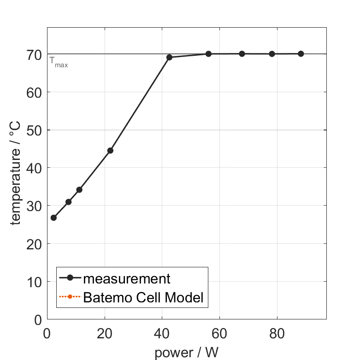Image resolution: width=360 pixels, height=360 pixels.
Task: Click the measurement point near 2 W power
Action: pos(53,218)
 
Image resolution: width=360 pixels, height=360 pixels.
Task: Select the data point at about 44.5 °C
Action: pos(110,150)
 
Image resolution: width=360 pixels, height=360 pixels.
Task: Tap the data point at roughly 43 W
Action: pos(169,57)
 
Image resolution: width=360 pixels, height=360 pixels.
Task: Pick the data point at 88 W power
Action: pos(301,53)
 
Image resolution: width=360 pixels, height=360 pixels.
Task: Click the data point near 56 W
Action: pos(208,53)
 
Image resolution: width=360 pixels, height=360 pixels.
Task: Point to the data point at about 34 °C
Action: pos(79,189)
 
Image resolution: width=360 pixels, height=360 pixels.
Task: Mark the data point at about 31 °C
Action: pos(69,201)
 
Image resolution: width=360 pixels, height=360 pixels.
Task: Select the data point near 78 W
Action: pos(272,53)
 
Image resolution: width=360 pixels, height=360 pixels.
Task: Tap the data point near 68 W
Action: pos(242,53)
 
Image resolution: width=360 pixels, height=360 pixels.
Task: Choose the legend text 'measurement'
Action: pos(127,278)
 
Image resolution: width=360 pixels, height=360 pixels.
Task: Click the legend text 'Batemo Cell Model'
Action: pos(143,297)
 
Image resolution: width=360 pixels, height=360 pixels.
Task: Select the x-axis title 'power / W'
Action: pos(186,353)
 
